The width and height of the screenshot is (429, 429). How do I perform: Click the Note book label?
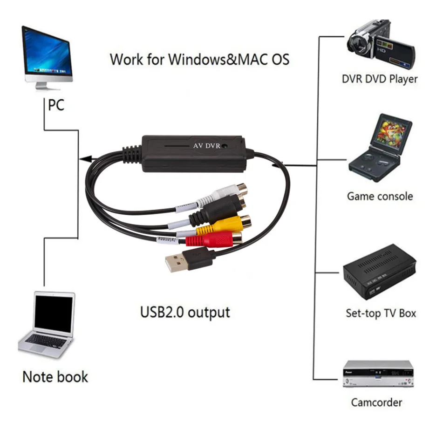(55, 376)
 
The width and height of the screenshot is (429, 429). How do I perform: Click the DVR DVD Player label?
(380, 79)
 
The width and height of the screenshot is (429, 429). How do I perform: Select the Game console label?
(380, 196)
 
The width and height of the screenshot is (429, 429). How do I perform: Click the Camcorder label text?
(376, 402)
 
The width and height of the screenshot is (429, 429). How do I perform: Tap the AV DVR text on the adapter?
(206, 146)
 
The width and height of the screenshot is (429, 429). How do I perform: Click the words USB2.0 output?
(185, 312)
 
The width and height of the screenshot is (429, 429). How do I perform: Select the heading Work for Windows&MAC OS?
(199, 60)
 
